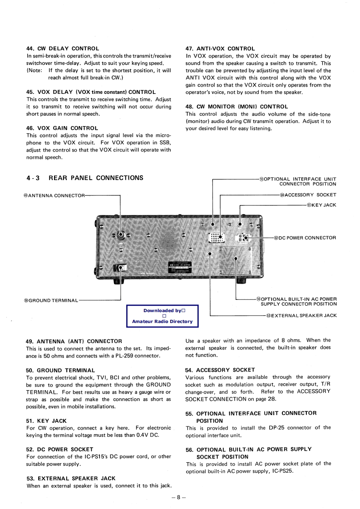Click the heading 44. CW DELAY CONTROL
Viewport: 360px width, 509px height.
click(x=63, y=49)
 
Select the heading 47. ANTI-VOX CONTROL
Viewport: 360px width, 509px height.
click(x=220, y=49)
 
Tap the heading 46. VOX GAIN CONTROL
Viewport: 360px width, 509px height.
click(x=62, y=128)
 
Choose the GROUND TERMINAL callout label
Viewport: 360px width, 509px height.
click(x=51, y=300)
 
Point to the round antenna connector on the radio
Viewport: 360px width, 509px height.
click(x=121, y=235)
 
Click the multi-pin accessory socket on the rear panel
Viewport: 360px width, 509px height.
click(x=216, y=237)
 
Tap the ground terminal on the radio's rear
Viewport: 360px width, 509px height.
click(x=120, y=268)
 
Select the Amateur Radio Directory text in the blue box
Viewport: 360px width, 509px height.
click(x=162, y=322)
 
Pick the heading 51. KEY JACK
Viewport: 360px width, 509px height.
click(x=47, y=421)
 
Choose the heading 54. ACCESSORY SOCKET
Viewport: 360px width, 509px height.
click(x=220, y=370)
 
